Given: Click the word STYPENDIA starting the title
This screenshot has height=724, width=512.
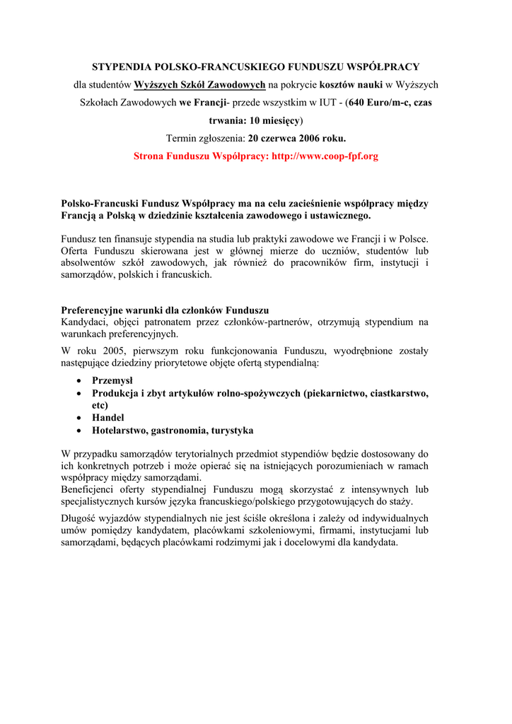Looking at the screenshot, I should [x=119, y=67].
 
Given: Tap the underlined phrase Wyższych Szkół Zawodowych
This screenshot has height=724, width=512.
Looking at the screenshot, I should [x=200, y=85].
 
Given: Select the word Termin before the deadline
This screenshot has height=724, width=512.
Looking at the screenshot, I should [x=182, y=138].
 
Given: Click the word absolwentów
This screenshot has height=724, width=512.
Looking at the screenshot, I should [x=87, y=262].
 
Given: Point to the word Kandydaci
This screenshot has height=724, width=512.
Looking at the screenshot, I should [x=84, y=322].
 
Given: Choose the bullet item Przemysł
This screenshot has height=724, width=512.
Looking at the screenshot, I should [x=112, y=380].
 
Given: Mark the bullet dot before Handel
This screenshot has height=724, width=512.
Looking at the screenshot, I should [x=77, y=418].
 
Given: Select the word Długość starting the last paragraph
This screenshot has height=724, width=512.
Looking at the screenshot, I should [x=81, y=518].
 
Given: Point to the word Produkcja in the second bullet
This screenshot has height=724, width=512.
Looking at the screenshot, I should [x=116, y=393].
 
